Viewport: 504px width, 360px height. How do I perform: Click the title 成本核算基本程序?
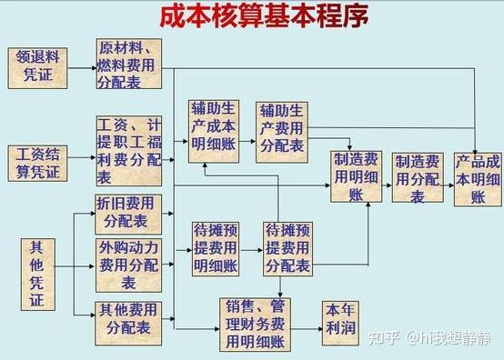point(252,19)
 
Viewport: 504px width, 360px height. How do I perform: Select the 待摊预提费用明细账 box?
point(216,247)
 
